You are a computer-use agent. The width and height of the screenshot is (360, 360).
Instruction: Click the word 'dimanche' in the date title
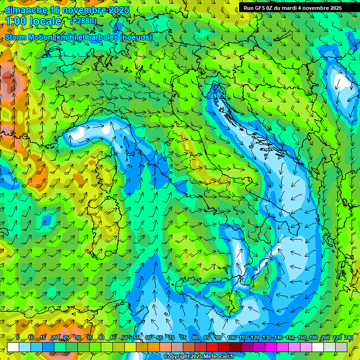tap(25, 10)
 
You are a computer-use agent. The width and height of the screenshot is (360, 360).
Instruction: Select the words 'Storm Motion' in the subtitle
tap(29, 37)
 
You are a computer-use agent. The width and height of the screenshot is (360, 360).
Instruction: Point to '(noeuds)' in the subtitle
tap(135, 37)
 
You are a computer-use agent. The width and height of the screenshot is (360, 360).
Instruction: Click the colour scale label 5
tap(17, 338)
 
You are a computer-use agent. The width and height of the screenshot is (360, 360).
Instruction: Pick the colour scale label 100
tap(231, 338)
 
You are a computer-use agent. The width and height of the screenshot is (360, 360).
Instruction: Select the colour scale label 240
tap(348, 338)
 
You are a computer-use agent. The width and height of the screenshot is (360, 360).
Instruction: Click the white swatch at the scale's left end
tap(13, 347)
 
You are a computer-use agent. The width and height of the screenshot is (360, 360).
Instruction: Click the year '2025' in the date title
tap(119, 10)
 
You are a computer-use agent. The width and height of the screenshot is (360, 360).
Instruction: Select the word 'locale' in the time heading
tap(45, 22)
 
